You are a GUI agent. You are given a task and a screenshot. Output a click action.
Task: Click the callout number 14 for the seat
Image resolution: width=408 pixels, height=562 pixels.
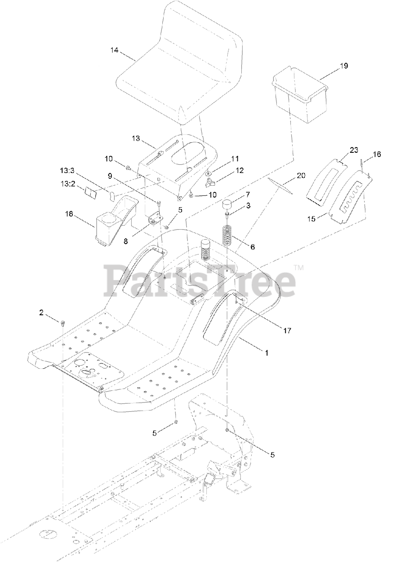115,50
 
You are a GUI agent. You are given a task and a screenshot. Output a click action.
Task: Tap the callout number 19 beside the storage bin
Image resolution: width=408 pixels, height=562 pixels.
344,66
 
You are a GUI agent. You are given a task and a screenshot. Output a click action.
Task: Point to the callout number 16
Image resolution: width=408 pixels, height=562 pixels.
377,154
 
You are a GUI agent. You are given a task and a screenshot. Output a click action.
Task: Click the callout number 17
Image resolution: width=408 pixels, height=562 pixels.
287,330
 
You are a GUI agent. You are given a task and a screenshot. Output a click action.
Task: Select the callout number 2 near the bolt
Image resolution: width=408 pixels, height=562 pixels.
42,313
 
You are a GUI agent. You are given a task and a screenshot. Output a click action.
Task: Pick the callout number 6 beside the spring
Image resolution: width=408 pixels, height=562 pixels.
252,247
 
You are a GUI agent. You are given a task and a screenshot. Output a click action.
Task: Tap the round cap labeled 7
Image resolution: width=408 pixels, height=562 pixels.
228,205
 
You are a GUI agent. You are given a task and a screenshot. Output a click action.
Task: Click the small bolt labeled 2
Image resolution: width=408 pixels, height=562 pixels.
63,324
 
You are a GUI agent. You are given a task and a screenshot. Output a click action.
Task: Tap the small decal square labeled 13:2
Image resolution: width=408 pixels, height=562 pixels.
91,192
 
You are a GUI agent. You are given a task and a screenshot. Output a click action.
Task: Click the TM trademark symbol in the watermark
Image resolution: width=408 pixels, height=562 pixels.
298,267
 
